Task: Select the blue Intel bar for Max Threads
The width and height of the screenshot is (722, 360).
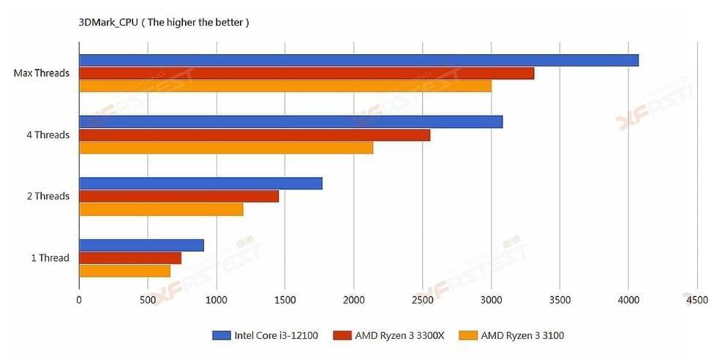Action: [x=358, y=60]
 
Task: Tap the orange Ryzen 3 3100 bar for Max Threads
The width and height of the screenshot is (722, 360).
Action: [x=285, y=86]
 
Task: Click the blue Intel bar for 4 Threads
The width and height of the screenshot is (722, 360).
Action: [x=290, y=121]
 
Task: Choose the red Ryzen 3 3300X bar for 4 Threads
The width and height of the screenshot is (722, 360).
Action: [x=255, y=135]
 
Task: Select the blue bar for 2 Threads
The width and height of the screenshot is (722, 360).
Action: [x=200, y=183]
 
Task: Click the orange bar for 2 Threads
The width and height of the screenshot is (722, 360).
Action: [x=161, y=209]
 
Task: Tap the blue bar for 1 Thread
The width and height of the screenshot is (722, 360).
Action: [x=141, y=245]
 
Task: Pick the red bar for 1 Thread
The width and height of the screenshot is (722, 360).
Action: [x=129, y=258]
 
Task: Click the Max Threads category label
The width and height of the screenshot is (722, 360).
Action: [x=41, y=73]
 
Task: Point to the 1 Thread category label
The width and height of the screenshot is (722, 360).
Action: [x=50, y=258]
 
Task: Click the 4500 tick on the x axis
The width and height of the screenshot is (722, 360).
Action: [x=697, y=299]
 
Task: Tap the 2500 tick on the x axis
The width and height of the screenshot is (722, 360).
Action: [x=422, y=299]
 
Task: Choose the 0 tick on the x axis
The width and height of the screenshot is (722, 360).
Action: [x=79, y=299]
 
